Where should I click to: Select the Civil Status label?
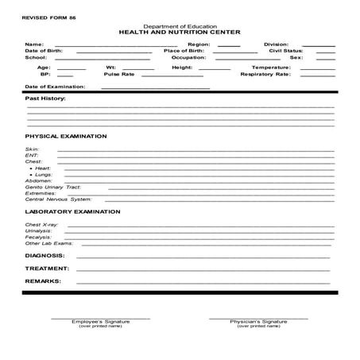[287, 51]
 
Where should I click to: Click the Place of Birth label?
[184, 51]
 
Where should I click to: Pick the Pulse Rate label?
[118, 75]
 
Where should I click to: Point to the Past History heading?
[46, 99]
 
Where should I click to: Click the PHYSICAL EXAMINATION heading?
[66, 136]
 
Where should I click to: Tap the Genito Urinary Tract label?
[53, 187]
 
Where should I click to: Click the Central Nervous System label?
[58, 199]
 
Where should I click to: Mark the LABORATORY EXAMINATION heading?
[72, 212]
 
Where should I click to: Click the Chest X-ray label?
[41, 225]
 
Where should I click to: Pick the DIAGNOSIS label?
[45, 256]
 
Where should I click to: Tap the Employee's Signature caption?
[101, 321]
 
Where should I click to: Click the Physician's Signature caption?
[258, 321]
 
